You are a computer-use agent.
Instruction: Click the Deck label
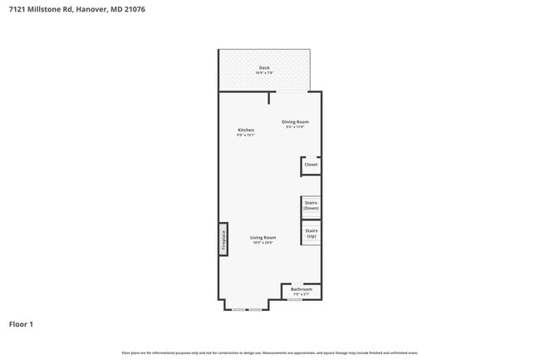pyautogui.click(x=264, y=67)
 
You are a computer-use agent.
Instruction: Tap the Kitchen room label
pyautogui.click(x=246, y=130)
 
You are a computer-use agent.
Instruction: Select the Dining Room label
pyautogui.click(x=295, y=121)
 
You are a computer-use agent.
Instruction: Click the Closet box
pyautogui.click(x=311, y=165)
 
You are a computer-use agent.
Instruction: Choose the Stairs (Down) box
pyautogui.click(x=311, y=205)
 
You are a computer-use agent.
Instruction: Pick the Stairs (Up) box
pyautogui.click(x=311, y=234)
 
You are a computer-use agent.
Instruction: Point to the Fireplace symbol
pyautogui.click(x=223, y=239)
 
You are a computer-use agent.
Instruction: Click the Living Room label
pyautogui.click(x=263, y=237)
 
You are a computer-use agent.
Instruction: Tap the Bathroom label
pyautogui.click(x=302, y=288)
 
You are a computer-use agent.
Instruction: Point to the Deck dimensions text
pyautogui.click(x=264, y=73)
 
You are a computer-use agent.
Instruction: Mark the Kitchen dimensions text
pyautogui.click(x=246, y=135)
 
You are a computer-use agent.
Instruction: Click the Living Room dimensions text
pyautogui.click(x=263, y=242)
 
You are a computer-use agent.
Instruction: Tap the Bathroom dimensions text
pyautogui.click(x=302, y=294)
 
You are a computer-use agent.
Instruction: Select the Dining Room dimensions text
pyautogui.click(x=295, y=126)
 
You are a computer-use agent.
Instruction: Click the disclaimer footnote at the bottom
pyautogui.click(x=270, y=353)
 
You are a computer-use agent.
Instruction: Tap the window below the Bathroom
pyautogui.click(x=294, y=300)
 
